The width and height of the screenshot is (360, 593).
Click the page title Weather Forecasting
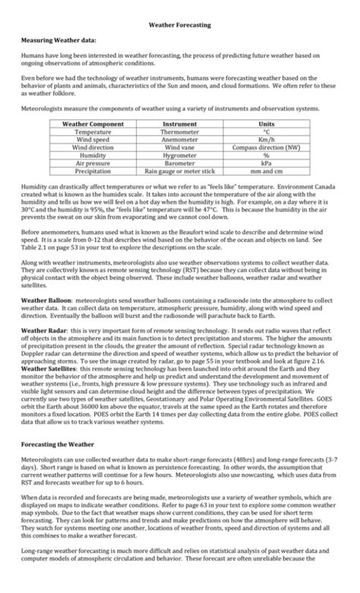tap(179, 26)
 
